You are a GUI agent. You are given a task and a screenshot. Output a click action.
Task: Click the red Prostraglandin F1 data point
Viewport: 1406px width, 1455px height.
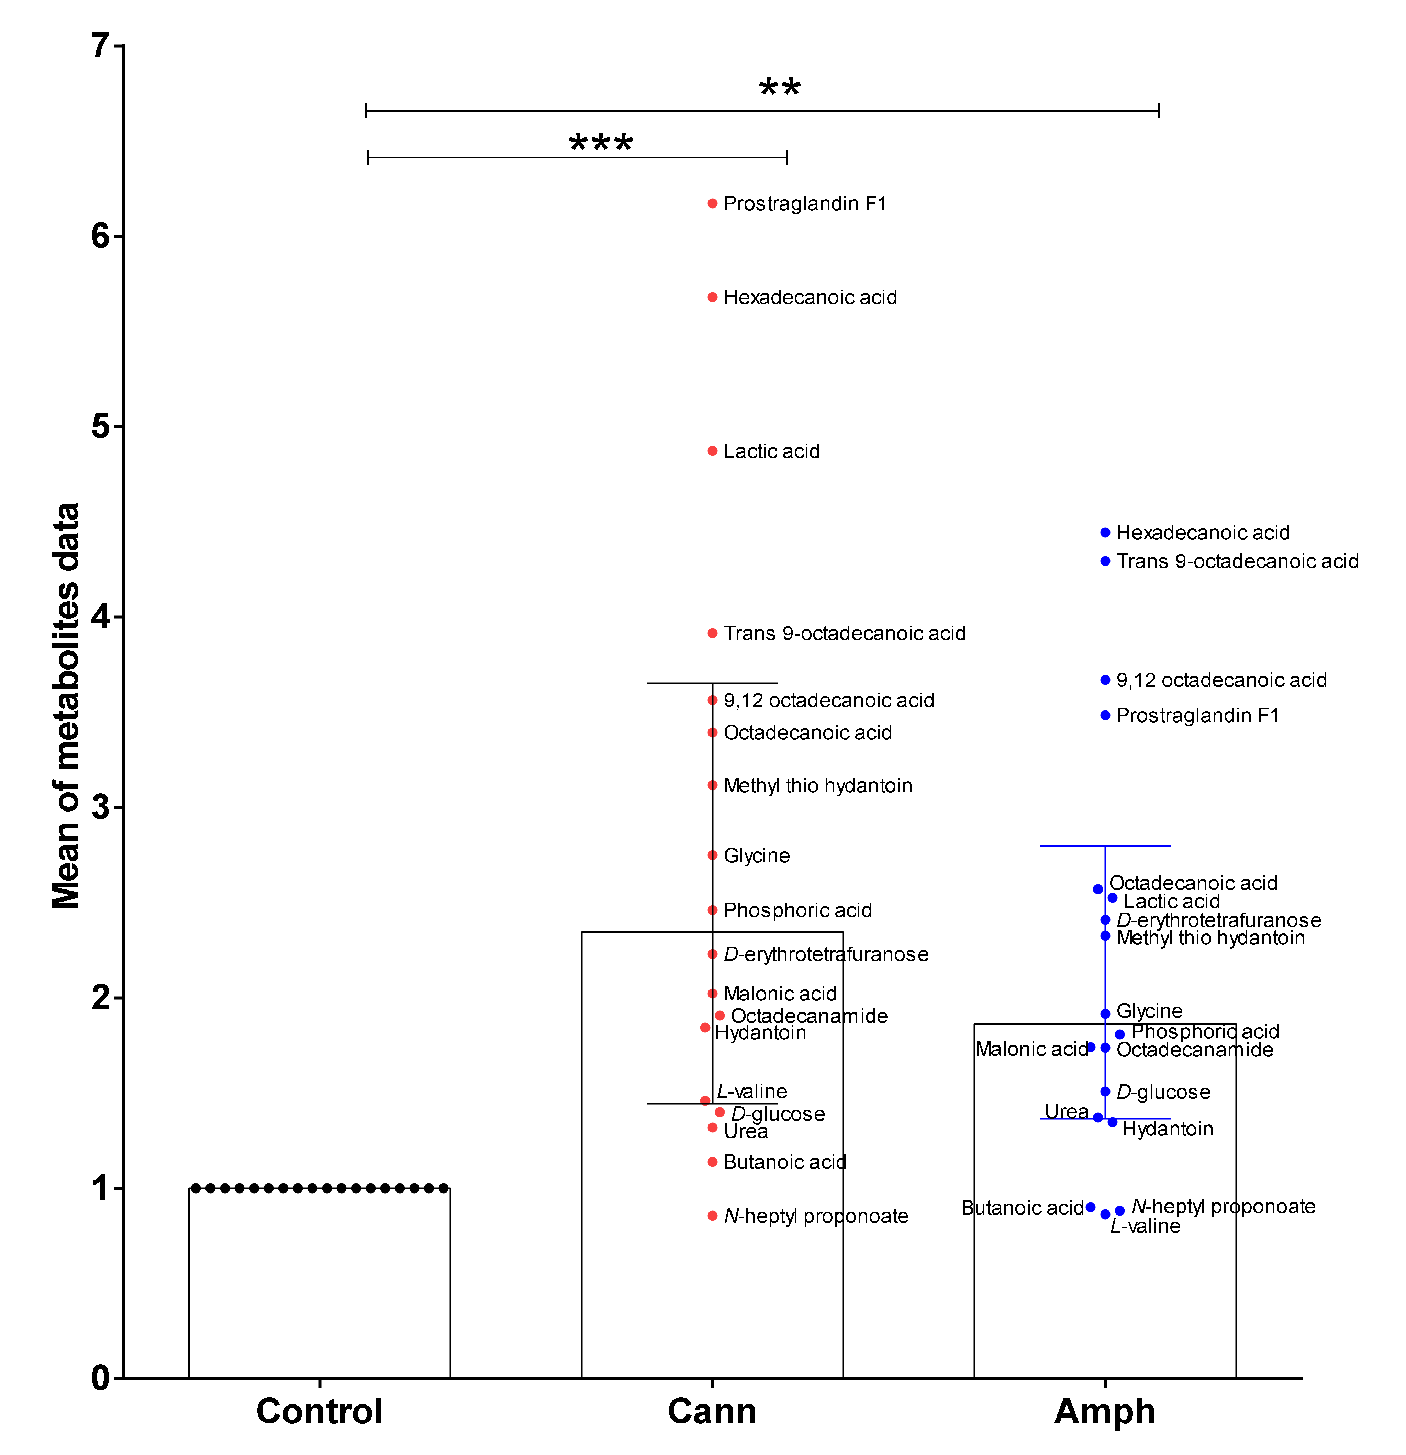(712, 203)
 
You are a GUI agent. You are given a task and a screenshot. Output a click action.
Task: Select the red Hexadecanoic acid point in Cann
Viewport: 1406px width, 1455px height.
(712, 297)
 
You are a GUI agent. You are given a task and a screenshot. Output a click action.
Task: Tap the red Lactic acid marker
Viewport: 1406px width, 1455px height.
(712, 451)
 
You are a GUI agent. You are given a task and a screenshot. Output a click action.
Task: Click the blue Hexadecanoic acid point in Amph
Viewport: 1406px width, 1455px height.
(1105, 532)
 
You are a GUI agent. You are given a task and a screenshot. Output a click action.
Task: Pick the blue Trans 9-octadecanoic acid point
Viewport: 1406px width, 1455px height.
(1105, 561)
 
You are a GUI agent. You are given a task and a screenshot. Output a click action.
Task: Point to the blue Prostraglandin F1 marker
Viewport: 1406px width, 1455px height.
(1105, 716)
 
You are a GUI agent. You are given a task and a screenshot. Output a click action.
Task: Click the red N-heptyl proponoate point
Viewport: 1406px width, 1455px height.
(712, 1216)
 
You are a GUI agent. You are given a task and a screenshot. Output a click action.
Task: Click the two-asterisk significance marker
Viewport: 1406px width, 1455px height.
(780, 89)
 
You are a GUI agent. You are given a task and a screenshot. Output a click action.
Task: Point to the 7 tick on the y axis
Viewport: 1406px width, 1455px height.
(100, 46)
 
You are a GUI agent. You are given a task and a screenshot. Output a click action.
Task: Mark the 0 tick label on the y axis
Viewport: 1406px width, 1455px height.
(100, 1378)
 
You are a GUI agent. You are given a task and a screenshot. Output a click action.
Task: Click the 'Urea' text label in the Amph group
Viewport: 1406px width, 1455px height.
(1066, 1111)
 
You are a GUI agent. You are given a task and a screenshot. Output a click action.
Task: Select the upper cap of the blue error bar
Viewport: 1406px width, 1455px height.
(1105, 846)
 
